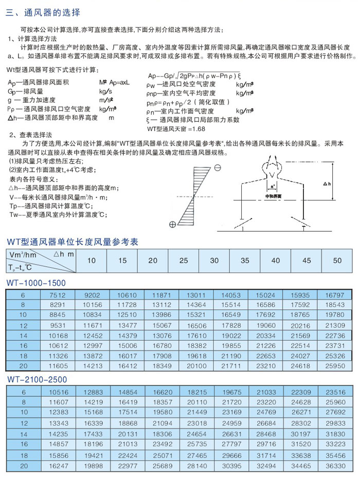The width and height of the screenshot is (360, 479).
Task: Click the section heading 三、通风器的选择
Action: click(43, 12)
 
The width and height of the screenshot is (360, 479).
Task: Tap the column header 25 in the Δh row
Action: click(184, 261)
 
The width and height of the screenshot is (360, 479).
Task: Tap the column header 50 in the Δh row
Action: click(337, 261)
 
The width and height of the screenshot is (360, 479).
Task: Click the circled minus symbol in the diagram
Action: click(218, 168)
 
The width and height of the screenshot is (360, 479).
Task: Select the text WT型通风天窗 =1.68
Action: click(176, 128)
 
